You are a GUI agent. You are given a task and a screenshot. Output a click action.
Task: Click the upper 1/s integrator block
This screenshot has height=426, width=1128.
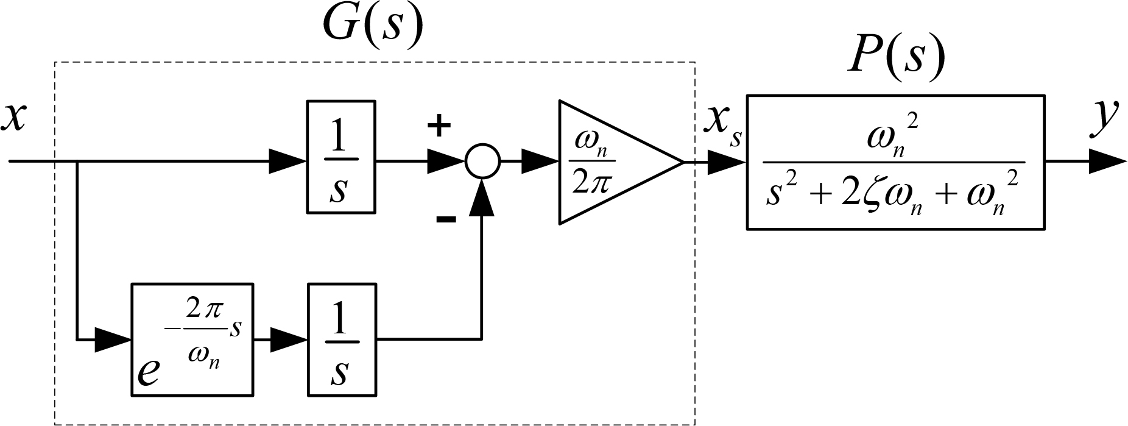click(x=340, y=157)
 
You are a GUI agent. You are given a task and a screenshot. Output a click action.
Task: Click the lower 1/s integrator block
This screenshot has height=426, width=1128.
click(x=341, y=339)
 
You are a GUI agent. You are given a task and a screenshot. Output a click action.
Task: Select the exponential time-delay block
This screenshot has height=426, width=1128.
click(x=192, y=339)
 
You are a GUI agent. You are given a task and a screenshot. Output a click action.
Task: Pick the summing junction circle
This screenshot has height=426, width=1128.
click(x=482, y=162)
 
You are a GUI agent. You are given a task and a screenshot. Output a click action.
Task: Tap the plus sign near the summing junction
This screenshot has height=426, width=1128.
click(x=439, y=126)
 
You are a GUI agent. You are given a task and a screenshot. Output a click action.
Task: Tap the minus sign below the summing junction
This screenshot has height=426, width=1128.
click(x=446, y=219)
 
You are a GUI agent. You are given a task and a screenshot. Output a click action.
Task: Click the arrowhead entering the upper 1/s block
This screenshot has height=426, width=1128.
click(x=288, y=162)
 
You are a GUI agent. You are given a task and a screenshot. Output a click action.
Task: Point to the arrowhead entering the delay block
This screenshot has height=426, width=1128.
click(x=114, y=339)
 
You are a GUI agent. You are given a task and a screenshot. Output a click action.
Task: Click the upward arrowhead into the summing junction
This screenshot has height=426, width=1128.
click(x=482, y=197)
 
